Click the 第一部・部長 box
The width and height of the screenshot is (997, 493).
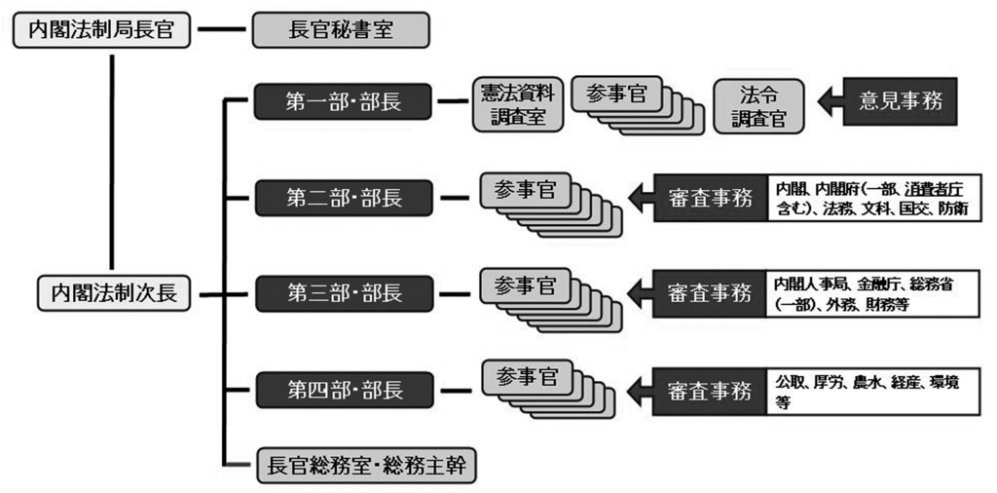pos(344,102)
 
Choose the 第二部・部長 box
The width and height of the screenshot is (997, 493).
pos(344,199)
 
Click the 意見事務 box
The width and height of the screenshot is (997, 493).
pos(901,100)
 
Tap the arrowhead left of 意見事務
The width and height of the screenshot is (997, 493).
pos(828,101)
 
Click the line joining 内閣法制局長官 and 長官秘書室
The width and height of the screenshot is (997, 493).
pos(223,29)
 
